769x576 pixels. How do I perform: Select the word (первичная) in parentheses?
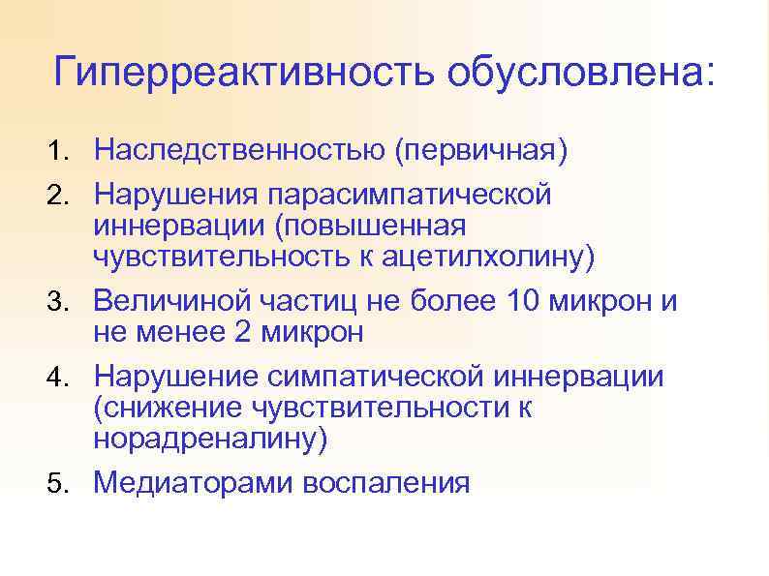tap(480, 151)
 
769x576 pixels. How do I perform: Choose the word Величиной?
tap(174, 301)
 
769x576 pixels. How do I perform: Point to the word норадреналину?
tap(210, 440)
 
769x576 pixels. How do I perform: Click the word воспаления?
tap(386, 482)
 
